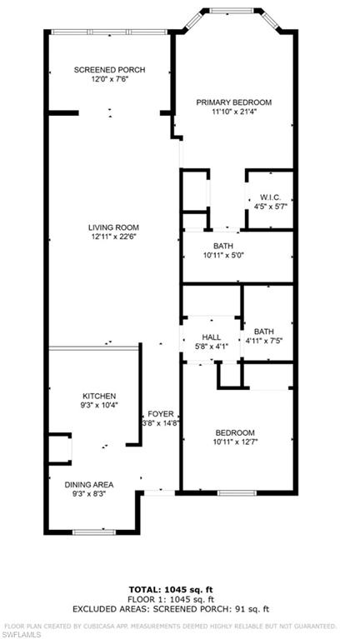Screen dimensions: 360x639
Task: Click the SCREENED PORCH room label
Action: pos(109,70)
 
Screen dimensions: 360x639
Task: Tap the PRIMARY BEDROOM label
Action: pos(233,102)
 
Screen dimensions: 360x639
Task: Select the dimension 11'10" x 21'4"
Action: pos(233,112)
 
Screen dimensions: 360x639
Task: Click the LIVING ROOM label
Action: pos(113,227)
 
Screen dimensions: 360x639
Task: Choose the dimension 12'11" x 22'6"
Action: pos(113,237)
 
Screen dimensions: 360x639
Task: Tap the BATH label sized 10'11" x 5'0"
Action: pos(223,246)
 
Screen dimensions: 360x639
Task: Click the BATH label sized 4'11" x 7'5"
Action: pos(263,332)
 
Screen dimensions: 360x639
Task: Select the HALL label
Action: pos(212,337)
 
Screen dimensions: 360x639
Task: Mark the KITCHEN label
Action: pos(99,396)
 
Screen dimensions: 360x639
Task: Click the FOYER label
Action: pos(161,413)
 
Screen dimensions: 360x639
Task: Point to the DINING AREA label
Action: pos(89,485)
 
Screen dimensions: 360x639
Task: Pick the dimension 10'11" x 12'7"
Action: pos(235,442)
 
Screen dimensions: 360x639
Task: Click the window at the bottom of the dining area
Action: pos(94,532)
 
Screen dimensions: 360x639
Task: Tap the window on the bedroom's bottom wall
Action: pos(237,493)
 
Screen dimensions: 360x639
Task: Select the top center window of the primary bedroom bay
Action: pos(232,11)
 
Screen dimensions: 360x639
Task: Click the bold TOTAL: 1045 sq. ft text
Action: pos(171,590)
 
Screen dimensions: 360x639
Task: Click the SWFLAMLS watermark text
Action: pos(21,635)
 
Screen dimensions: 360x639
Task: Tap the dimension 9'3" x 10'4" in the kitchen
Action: pos(99,405)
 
